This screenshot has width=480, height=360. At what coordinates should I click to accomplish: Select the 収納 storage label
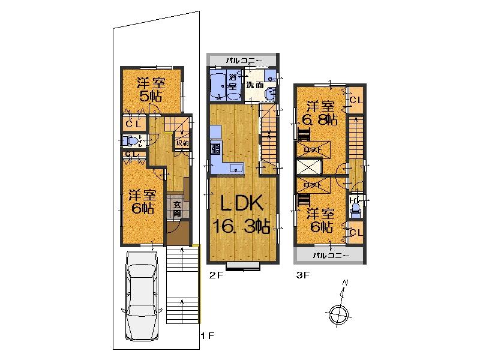(182, 143)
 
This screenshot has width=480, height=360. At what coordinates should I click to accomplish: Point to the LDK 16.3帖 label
(242, 215)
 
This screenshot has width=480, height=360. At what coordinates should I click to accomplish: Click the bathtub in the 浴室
(217, 85)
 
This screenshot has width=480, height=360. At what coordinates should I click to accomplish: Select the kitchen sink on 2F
(234, 167)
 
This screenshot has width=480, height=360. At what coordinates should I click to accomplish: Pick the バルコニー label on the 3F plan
(329, 256)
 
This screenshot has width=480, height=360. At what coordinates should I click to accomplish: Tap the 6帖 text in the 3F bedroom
(322, 227)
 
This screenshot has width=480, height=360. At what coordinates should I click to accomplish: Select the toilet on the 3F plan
(355, 207)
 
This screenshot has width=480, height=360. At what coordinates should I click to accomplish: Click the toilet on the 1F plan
(128, 141)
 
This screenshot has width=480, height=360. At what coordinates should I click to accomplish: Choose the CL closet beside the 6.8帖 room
(356, 99)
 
